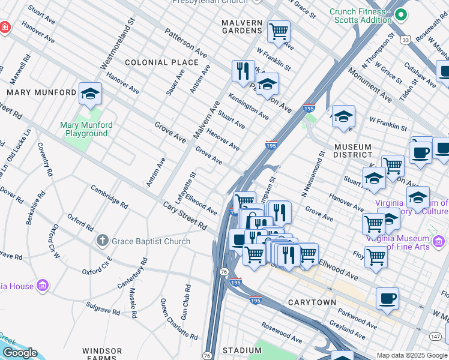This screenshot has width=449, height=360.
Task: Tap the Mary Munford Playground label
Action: [87, 130]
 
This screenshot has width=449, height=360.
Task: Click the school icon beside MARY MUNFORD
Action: [90, 94]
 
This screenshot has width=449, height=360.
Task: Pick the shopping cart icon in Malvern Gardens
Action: [279, 31]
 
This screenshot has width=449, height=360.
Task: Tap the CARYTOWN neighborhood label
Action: [312, 302]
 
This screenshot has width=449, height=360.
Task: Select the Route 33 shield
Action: [406, 40]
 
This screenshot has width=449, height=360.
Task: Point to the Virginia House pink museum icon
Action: [43, 284]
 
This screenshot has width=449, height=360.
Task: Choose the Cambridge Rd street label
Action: [109, 197]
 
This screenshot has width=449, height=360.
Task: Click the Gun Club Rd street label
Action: [185, 302]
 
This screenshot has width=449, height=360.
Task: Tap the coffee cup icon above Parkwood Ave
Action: [387, 299]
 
